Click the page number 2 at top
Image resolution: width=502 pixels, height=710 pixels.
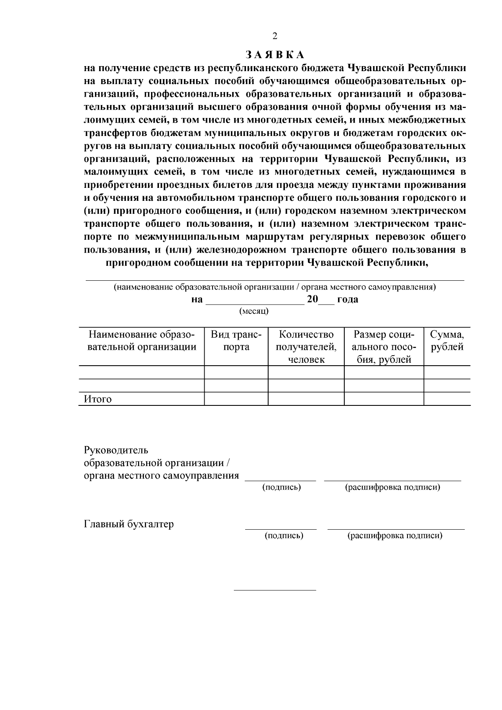coord(275,36)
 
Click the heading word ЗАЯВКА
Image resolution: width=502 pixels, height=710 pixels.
coord(275,55)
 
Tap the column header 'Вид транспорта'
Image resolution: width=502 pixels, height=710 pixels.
coord(236,341)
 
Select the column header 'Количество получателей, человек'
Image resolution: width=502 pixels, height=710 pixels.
coord(306,347)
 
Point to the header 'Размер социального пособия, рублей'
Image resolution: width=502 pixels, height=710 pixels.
coord(384,347)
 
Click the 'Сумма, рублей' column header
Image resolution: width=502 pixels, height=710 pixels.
coord(447,341)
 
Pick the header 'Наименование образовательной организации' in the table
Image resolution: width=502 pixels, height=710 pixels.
coord(141,341)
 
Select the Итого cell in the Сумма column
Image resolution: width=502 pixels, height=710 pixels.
coord(447,399)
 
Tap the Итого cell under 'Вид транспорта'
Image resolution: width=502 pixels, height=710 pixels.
coord(236,399)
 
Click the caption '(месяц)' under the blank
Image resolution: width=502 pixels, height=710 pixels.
coord(254,311)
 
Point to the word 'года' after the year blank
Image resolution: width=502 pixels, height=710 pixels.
coord(348,300)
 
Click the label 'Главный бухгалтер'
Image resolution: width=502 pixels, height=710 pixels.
coord(129,524)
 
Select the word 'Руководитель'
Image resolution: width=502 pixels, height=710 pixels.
coord(116,450)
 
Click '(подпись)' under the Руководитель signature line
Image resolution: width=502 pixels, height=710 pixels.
coord(282,487)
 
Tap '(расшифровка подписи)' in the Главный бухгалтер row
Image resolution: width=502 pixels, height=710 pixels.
coord(395,536)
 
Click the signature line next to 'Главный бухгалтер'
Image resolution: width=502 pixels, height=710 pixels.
coord(281,529)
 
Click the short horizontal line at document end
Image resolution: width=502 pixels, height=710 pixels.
coord(275,590)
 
